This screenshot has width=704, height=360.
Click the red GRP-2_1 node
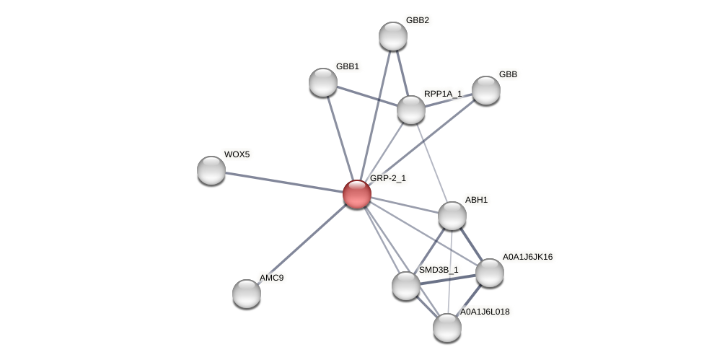(x=357, y=194)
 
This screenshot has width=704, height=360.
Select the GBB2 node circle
(x=393, y=36)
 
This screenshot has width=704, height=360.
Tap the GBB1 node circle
(x=323, y=82)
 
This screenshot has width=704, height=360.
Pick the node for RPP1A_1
(x=411, y=110)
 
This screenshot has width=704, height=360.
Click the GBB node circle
(x=486, y=90)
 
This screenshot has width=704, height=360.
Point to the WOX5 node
(x=211, y=170)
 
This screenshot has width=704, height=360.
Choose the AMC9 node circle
(x=247, y=294)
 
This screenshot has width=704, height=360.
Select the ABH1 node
(x=452, y=216)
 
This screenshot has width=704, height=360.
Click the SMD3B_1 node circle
(x=406, y=286)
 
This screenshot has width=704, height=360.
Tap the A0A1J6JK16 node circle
(x=490, y=273)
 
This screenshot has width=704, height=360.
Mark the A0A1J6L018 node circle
(x=447, y=328)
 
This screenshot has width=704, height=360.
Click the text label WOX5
(x=237, y=154)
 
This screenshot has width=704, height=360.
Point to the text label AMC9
(x=272, y=278)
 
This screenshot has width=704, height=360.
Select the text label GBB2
(x=418, y=20)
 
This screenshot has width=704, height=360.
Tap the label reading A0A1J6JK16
(x=527, y=257)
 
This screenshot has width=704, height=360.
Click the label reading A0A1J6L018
(x=485, y=312)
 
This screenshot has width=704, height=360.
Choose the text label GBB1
(x=348, y=66)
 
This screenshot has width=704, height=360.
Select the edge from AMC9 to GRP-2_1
(x=302, y=244)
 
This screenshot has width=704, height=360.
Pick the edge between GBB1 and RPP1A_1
(x=367, y=96)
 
